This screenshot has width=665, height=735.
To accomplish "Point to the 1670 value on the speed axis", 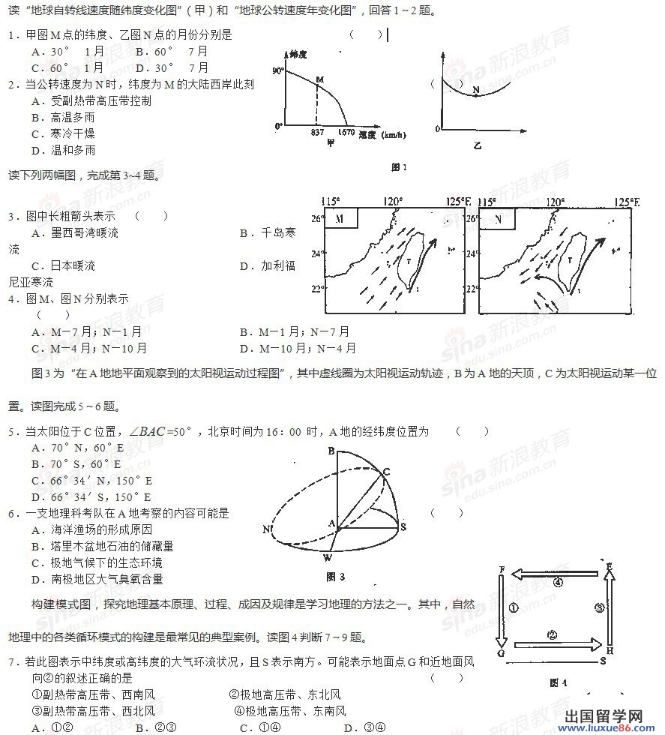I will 346,133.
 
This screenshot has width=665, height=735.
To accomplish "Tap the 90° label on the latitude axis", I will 278,70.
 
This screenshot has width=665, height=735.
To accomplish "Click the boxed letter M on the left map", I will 340,218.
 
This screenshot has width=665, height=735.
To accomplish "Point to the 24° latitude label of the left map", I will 317,253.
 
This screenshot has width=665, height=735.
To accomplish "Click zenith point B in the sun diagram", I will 331,450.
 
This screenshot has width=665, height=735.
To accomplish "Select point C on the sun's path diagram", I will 387,471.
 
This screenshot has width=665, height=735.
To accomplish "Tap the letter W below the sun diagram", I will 327,557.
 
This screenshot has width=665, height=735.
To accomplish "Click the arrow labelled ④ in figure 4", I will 557,574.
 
